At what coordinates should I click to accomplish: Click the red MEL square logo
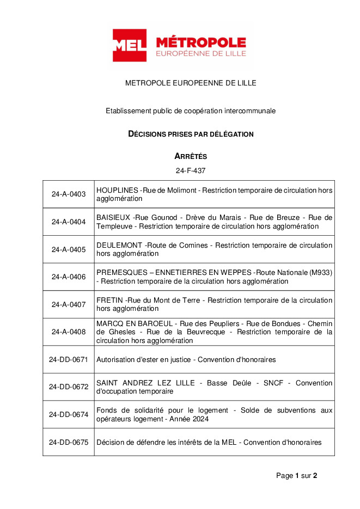point(129,46)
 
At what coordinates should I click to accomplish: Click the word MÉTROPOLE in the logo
point(200,42)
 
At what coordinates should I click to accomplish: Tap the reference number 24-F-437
point(191,170)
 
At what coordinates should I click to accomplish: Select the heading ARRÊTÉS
point(191,156)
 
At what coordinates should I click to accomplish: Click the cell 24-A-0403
point(69,194)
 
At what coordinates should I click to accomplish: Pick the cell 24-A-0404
point(69,222)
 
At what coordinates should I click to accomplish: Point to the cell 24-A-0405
point(69,249)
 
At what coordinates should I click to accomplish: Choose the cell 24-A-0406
point(69,277)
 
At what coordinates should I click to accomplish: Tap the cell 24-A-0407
point(69,304)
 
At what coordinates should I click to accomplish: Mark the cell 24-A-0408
point(69,332)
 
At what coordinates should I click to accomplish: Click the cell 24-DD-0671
point(69,359)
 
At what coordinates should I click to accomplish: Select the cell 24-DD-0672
point(69,387)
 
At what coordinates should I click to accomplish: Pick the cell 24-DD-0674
point(69,414)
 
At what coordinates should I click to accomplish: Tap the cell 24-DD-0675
point(69,442)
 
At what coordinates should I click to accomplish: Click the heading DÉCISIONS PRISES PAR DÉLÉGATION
point(191,134)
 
